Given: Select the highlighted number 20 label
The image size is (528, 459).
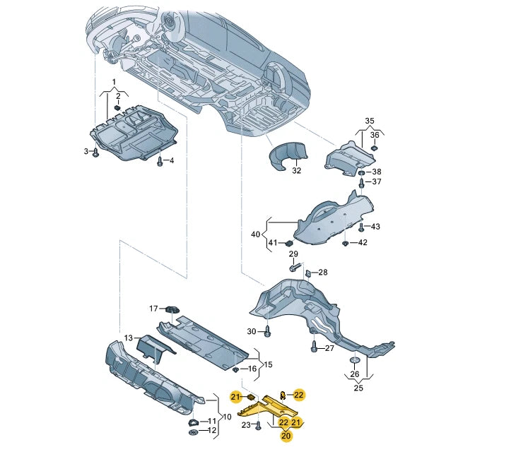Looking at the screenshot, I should point(286,436).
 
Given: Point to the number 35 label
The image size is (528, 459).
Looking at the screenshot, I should point(369,121).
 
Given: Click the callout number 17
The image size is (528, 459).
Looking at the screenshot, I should point(153,309).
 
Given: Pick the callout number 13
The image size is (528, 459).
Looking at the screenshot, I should point(128,338).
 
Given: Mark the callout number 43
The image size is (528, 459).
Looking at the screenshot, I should point(375,227).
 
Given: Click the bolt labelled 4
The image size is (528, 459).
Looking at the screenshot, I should point(160,162).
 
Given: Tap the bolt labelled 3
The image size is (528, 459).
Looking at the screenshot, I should point(96,153).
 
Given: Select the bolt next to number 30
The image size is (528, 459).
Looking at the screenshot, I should point(268,330).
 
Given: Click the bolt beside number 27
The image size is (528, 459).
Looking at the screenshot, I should point(314,347).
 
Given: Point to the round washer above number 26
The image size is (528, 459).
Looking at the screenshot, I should point(355,362).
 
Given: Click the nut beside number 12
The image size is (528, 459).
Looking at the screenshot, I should point(193,430).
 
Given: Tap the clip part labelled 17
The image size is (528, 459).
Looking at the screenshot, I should point(172,308).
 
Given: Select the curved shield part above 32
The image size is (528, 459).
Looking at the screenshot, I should point(290,155).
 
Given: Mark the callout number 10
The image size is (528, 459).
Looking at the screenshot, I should point(227,417).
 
